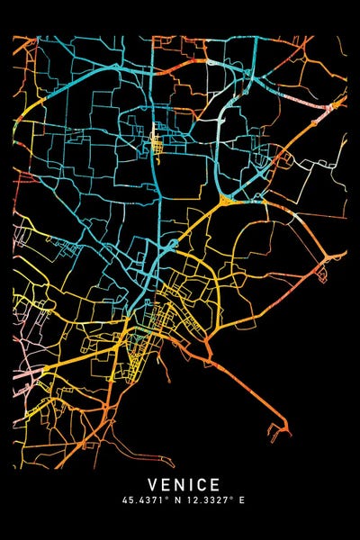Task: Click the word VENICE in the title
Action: click(180, 485)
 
